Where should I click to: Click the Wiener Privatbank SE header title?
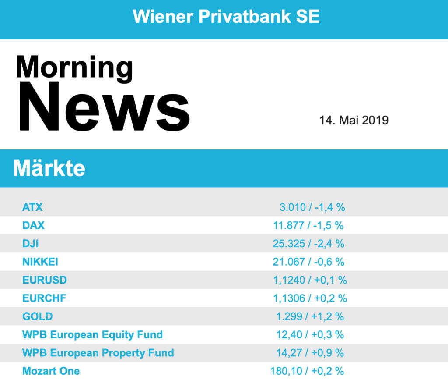226,17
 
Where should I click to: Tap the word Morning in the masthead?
74,67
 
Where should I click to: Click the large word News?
103,108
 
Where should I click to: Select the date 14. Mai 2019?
353,120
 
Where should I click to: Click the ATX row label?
32,207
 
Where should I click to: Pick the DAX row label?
33,225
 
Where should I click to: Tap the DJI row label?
30,244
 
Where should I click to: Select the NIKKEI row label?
40,262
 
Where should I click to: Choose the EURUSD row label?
45,280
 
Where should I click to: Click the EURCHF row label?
44,298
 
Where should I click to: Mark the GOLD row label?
38,316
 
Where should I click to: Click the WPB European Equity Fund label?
92,335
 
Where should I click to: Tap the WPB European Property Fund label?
98,353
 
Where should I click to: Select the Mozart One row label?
51,371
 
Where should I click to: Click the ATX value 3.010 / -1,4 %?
312,207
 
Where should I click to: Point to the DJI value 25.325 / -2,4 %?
308,244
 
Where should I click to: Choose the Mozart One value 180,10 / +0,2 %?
307,371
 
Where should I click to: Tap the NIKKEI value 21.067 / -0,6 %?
308,262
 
